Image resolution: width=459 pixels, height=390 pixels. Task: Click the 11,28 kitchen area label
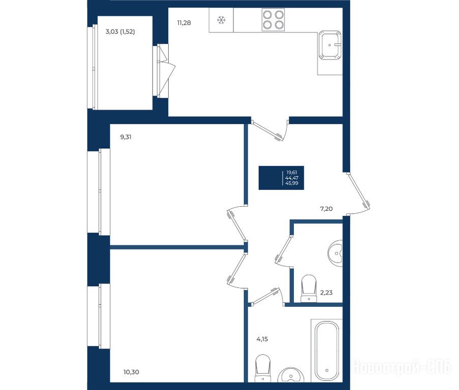[184, 23]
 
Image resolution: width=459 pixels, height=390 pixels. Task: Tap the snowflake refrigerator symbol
[221, 20]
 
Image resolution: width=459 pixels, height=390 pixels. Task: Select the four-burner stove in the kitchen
[273, 20]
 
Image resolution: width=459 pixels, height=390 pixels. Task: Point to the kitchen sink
[330, 45]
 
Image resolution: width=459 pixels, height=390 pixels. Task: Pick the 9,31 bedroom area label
[126, 137]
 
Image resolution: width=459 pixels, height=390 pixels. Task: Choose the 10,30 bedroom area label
[131, 372]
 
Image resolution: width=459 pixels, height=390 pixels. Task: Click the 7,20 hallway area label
[326, 209]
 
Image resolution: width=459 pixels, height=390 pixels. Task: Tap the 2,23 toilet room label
[326, 292]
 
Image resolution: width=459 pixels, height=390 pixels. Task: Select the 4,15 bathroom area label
[262, 339]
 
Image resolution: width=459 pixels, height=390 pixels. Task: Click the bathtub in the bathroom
[327, 351]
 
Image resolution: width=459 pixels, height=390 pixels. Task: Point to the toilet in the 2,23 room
[309, 288]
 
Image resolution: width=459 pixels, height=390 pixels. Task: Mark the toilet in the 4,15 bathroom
[263, 368]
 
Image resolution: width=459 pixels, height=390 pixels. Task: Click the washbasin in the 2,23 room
[335, 253]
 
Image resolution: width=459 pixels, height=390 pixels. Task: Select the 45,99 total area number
[292, 183]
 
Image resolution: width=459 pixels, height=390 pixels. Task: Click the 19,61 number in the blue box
[292, 173]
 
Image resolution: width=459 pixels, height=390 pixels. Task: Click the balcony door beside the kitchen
[165, 71]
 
